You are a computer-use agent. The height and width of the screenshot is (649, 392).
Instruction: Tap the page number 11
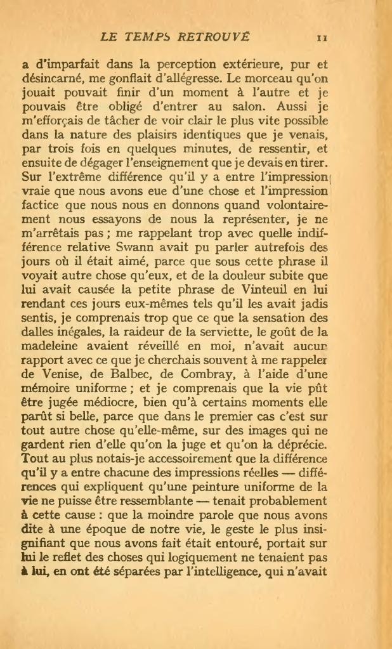point(322,37)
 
